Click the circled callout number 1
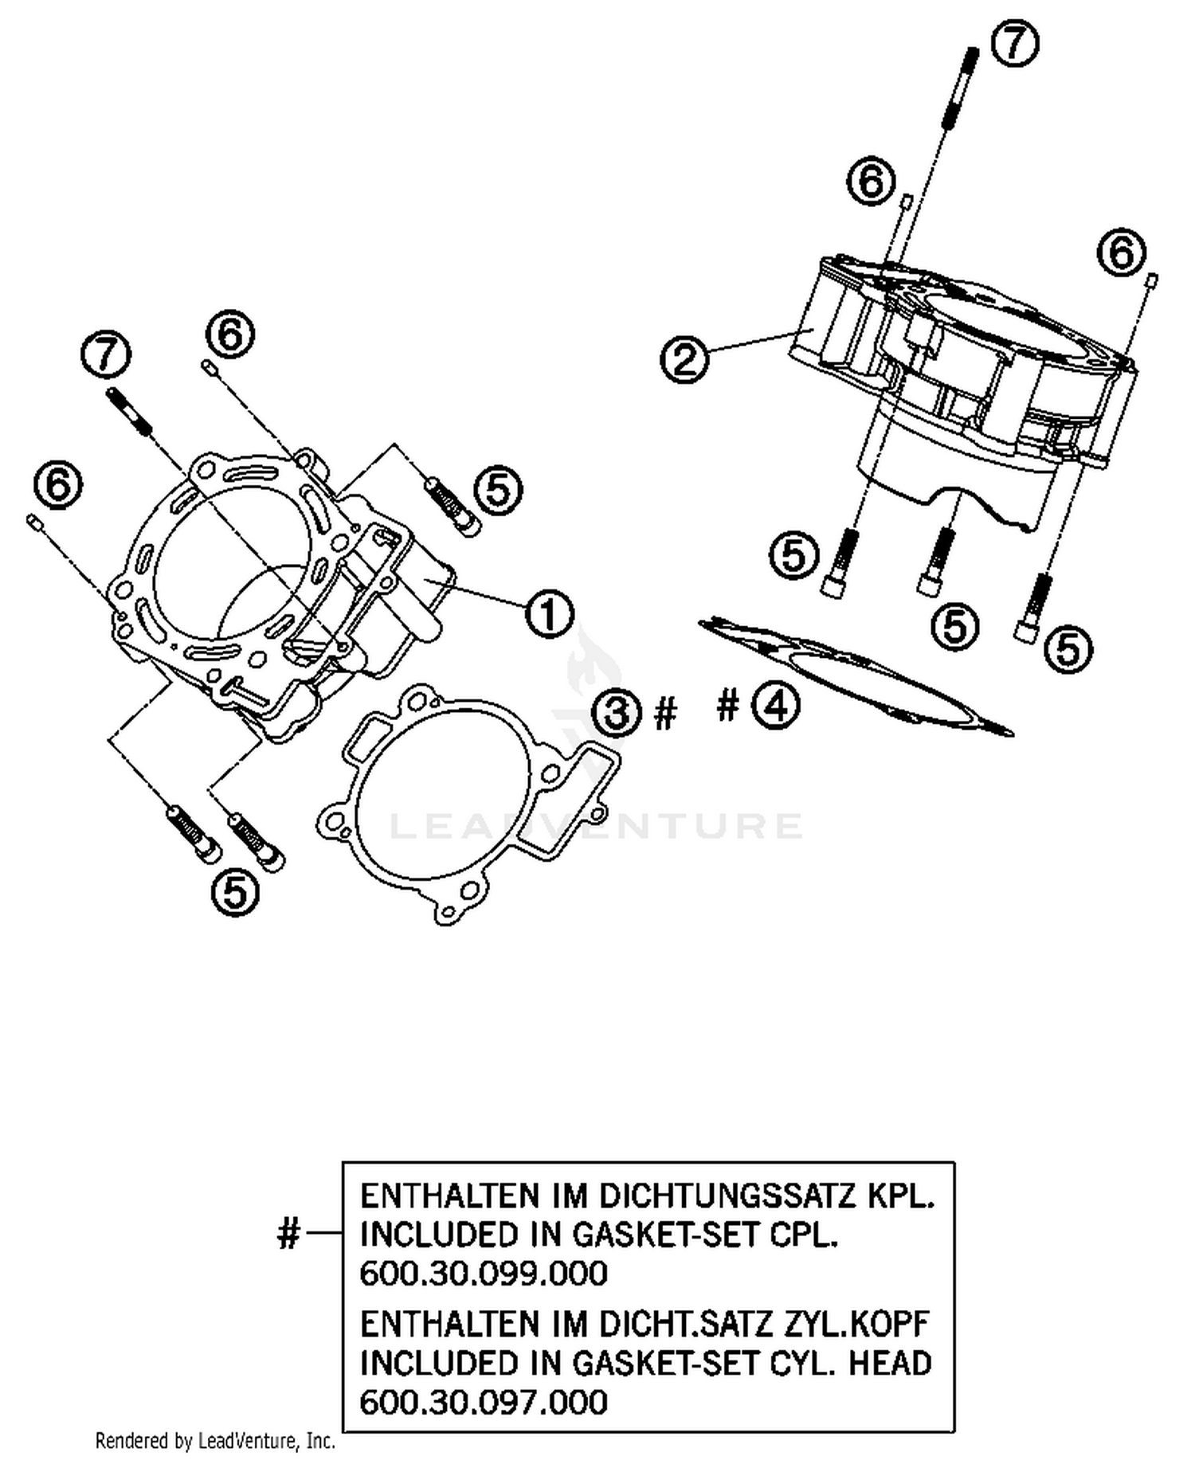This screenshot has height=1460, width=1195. coord(549,615)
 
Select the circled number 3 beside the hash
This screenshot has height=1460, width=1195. coord(617,712)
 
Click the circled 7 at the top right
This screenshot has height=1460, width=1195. coord(1015,43)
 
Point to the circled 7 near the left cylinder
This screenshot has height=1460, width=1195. coord(107,357)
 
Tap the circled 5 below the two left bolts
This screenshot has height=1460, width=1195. coord(235,891)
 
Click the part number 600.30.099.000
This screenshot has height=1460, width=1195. coord(484,1273)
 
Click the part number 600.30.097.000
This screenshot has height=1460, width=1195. coord(484,1402)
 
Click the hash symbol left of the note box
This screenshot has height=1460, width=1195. coord(288,1235)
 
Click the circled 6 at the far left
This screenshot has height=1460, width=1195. coord(58,485)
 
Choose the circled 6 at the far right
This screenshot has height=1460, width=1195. coord(1121,252)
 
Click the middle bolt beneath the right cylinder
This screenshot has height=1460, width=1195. coord(937,562)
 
